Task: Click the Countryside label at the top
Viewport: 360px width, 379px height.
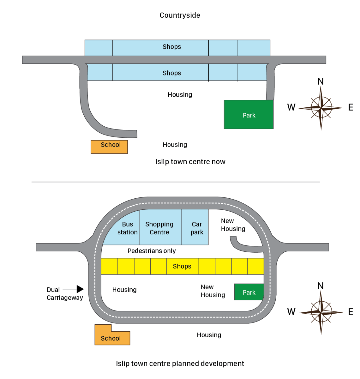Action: pos(180,15)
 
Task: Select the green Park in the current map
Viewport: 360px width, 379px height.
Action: pos(249,115)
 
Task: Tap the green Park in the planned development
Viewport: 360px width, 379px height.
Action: pos(249,292)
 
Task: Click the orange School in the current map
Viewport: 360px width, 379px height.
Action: pos(109,147)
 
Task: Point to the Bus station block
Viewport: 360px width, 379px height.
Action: pos(126,228)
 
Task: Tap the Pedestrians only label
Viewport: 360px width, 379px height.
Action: pos(152,251)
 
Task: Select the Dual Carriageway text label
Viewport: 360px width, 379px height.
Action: pos(64,294)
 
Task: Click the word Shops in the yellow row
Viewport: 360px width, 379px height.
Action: pos(182,266)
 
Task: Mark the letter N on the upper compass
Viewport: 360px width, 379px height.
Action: pos(321,81)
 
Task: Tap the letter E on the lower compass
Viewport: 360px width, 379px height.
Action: pos(350,312)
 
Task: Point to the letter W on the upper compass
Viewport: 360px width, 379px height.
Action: pos(291,107)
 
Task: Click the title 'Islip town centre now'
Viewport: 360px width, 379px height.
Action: pos(190,162)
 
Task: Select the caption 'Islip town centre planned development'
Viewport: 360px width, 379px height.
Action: pos(180,364)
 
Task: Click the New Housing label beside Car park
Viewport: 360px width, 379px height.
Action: pos(233,225)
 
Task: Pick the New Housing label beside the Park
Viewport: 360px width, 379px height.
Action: pos(213,291)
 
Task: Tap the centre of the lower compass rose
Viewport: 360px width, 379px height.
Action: pos(321,313)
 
